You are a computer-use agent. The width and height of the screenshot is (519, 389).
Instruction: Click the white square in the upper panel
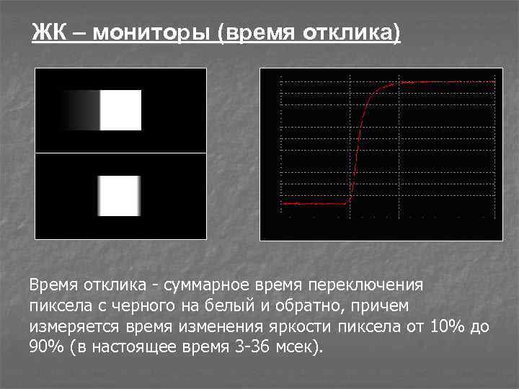click(120, 110)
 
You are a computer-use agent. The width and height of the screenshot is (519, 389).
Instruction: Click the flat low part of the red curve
click(314, 203)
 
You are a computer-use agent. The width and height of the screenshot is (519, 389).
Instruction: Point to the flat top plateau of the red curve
click(447, 82)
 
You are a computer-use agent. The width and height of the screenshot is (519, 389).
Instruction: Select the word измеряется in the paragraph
click(67, 327)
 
